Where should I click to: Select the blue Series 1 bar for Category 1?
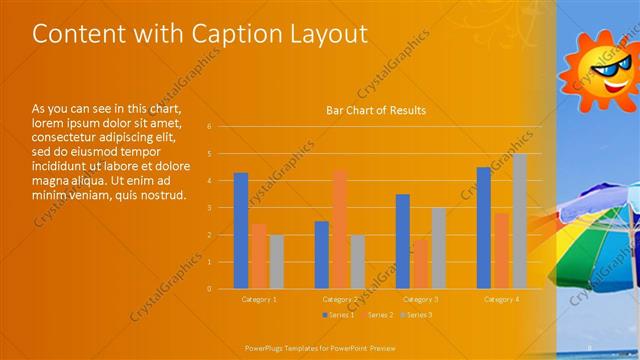pos(241,230)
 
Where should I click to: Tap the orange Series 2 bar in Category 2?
pos(340,228)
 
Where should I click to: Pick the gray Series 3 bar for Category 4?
pos(519,221)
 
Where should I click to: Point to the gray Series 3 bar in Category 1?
pos(277,261)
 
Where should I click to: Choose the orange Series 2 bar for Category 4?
pos(501,250)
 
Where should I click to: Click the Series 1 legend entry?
pos(337,315)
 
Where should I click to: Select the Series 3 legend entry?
pos(417,315)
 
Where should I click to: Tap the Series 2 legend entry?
pos(377,315)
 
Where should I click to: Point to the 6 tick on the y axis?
pos(209,127)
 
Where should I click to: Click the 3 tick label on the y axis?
pos(209,208)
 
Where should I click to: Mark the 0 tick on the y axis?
pos(209,289)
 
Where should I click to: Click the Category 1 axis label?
pos(260,299)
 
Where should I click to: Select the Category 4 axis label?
pos(501,299)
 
